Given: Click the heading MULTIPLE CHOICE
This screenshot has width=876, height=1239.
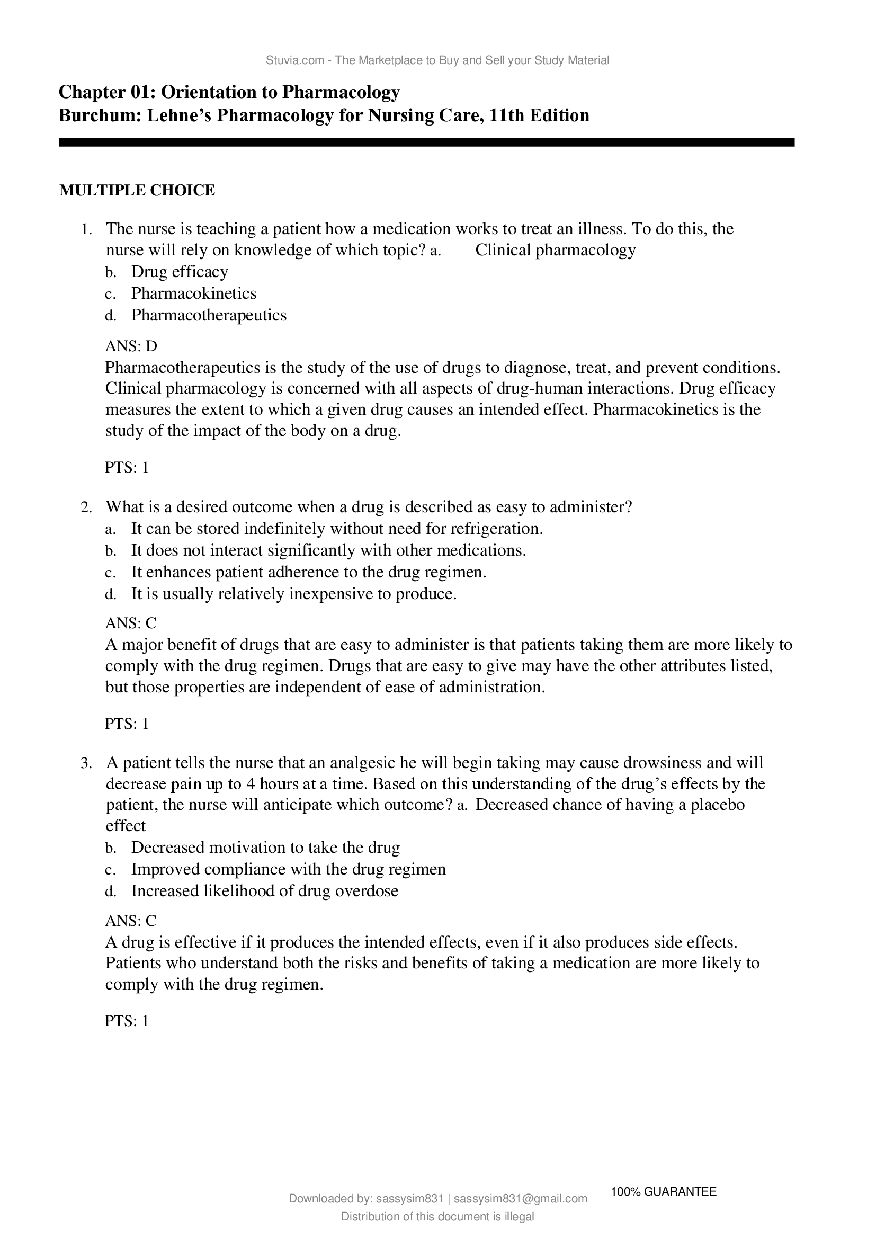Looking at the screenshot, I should [x=137, y=191].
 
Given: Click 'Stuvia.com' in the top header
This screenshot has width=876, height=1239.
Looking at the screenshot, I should [x=294, y=60].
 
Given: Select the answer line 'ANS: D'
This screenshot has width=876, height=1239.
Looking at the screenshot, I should [x=131, y=346].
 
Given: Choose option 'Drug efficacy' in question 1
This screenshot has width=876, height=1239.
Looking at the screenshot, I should [x=180, y=271].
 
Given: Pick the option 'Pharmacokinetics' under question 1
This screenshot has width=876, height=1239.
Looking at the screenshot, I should [x=194, y=293].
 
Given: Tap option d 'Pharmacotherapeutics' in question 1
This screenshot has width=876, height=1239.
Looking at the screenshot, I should [x=209, y=315].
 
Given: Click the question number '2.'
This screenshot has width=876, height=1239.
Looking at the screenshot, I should [x=86, y=507].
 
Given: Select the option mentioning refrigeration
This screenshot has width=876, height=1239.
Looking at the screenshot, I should [x=337, y=528].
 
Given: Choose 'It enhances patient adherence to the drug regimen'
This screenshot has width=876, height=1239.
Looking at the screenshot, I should [x=309, y=572].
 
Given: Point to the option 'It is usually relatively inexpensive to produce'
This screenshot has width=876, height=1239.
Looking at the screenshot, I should [x=294, y=594].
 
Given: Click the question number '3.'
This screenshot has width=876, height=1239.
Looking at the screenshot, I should [x=86, y=763].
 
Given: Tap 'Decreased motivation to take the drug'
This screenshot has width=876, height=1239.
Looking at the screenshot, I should [x=265, y=848].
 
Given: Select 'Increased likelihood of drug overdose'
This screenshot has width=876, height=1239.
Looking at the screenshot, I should [x=264, y=891].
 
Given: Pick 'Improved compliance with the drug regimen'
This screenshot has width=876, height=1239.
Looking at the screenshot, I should [x=288, y=869].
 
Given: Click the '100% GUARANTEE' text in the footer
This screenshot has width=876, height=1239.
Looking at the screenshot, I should [x=664, y=1191].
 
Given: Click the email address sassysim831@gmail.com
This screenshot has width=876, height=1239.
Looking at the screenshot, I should [x=521, y=1199].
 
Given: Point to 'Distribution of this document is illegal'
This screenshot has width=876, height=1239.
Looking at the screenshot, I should [x=437, y=1216].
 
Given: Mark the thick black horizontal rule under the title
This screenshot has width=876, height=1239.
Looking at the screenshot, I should [x=426, y=142].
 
